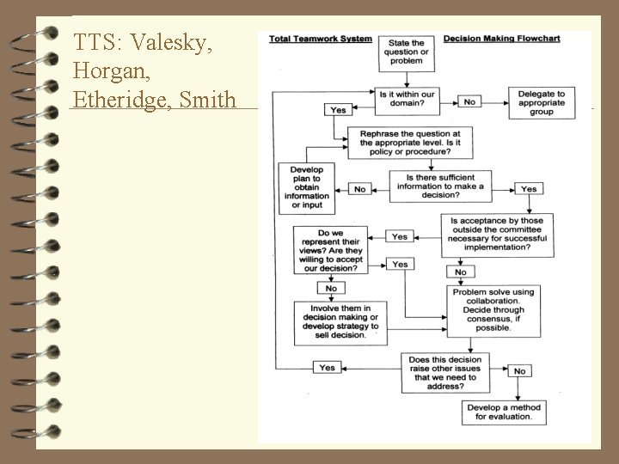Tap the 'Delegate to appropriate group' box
tap(542, 101)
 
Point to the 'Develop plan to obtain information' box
tap(307, 187)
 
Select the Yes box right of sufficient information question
tap(529, 188)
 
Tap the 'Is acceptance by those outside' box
tap(498, 235)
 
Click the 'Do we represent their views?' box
tap(331, 249)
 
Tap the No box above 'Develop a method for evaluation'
tap(518, 371)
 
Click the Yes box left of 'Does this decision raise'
tap(327, 368)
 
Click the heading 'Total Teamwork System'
tap(321, 39)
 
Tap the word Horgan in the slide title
tap(107, 70)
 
